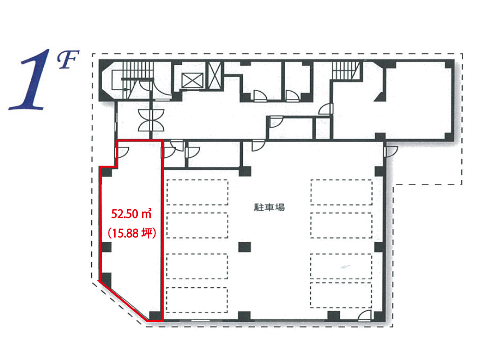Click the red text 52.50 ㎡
coord(132,214)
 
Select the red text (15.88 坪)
coord(132,233)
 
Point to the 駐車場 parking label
coord(269,207)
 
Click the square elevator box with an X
coord(192,81)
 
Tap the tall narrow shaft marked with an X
coord(215,75)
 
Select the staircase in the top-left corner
coord(133,80)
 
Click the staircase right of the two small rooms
coord(346,71)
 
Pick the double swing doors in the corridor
coord(151,120)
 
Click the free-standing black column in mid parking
coord(245,247)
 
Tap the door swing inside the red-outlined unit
coord(122,152)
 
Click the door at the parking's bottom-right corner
coord(365,316)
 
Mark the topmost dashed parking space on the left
coord(197,192)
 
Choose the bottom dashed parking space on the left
coord(197,300)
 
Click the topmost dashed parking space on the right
coord(342,192)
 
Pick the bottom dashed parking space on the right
coord(341,295)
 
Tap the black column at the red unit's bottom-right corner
coord(155,316)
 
